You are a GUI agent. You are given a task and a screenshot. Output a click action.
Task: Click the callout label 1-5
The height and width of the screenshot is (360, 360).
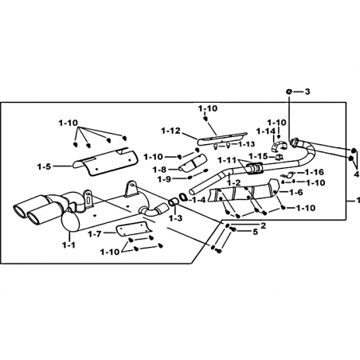(44, 166)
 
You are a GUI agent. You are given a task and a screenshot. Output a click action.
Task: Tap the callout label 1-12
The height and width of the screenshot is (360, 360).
(170, 131)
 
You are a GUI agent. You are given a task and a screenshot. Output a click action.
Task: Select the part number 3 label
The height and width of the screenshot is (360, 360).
(307, 92)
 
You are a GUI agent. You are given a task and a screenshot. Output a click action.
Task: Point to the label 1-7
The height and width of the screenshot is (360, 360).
(95, 234)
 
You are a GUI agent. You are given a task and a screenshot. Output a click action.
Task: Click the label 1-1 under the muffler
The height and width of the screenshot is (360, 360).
(68, 245)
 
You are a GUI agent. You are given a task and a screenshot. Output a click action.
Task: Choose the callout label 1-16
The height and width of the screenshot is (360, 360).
(315, 172)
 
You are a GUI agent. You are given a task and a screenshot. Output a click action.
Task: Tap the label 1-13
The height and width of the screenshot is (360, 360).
(247, 144)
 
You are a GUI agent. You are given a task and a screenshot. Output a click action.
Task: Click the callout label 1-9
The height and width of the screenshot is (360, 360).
(163, 179)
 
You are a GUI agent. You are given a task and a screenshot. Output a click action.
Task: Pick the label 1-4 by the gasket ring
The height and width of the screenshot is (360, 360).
(199, 200)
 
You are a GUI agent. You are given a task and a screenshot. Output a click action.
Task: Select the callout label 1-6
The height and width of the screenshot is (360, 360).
(296, 192)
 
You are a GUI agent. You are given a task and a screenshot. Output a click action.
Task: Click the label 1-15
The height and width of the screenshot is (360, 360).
(258, 156)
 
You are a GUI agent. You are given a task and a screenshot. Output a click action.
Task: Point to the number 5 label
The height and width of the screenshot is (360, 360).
(255, 232)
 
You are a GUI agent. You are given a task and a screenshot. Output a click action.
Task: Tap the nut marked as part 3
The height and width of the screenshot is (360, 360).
(289, 92)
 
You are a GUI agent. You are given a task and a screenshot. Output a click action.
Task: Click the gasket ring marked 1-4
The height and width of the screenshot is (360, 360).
(183, 197)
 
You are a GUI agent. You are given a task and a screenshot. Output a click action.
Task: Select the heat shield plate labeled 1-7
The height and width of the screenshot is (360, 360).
(134, 229)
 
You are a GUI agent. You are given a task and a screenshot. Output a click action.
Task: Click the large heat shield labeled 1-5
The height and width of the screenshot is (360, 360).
(104, 162)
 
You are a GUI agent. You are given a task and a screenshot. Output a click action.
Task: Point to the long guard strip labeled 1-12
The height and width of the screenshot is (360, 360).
(222, 139)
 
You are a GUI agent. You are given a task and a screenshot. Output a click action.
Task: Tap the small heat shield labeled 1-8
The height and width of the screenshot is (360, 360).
(194, 162)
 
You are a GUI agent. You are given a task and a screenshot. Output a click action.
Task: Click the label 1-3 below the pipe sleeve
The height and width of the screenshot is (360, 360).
(176, 218)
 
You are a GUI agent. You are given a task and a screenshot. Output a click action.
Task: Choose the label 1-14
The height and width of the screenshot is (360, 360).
(266, 131)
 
